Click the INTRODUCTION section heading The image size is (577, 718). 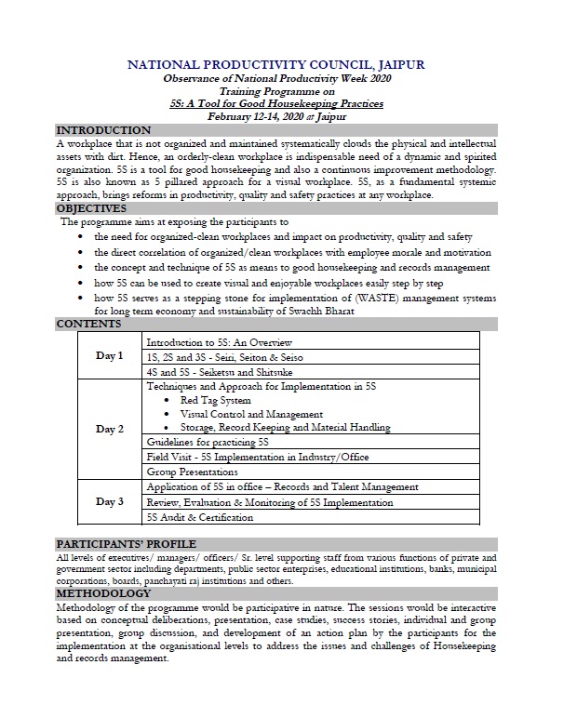tap(102, 131)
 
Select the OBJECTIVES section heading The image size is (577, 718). tap(91, 209)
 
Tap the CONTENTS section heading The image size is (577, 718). tap(88, 325)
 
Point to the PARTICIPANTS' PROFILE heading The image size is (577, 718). tap(126, 543)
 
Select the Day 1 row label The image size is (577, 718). tap(109, 356)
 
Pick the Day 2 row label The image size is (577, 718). tap(109, 429)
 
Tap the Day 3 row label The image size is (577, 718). tap(109, 502)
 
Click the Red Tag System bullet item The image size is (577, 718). tap(215, 400)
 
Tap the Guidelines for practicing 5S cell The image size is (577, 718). tap(208, 443)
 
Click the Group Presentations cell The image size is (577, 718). tap(194, 472)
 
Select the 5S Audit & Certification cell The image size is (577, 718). tap(200, 517)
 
